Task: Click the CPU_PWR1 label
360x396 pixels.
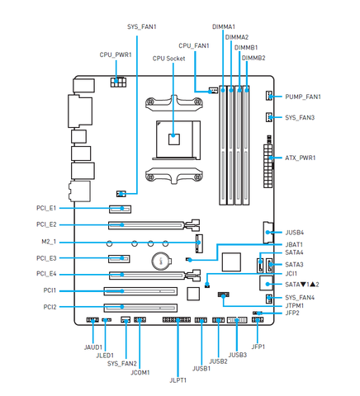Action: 116,54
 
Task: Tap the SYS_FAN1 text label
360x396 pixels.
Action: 142,26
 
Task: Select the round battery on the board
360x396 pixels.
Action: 161,260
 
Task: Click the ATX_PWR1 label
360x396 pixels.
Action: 301,158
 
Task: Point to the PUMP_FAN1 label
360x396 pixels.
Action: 303,97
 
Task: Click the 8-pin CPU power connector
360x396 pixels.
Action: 118,82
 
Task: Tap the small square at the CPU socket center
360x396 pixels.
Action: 173,139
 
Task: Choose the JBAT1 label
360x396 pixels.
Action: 294,244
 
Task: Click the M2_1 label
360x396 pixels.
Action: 49,242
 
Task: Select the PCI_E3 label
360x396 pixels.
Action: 46,258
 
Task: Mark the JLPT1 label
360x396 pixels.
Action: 178,380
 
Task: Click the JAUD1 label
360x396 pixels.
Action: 93,347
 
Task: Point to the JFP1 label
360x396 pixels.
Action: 258,346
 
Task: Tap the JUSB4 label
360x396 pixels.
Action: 295,233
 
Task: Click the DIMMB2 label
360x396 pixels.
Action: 253,58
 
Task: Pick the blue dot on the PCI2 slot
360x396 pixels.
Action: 122,307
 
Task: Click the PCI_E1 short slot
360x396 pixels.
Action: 120,209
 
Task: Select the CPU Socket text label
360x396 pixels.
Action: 168,59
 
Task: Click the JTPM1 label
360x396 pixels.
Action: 295,305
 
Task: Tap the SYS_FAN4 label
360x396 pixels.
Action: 300,298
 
